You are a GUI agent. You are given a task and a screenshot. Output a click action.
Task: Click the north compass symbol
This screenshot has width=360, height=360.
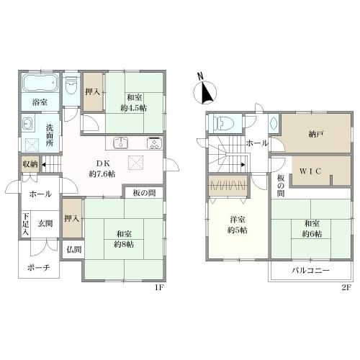(205, 91)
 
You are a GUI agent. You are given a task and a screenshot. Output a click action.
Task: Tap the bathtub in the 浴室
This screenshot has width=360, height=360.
(40, 83)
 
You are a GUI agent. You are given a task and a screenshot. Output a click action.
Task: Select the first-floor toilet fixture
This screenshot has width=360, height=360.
(71, 86)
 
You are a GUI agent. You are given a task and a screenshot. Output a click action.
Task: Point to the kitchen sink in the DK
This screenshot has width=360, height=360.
(121, 143)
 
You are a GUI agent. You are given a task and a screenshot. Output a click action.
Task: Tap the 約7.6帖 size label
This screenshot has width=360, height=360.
(102, 174)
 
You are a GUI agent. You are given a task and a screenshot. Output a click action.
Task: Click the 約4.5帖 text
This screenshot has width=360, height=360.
(134, 108)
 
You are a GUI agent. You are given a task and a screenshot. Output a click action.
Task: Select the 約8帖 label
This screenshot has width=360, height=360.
(124, 244)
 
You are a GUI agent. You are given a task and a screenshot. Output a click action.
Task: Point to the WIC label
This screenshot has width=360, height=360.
(310, 171)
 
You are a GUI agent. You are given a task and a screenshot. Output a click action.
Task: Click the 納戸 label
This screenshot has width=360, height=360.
(315, 135)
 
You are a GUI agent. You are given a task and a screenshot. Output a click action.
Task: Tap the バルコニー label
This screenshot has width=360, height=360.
(310, 271)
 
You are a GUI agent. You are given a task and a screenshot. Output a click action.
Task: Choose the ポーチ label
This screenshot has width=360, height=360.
(39, 267)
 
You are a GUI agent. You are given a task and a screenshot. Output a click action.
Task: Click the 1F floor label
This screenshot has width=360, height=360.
(158, 287)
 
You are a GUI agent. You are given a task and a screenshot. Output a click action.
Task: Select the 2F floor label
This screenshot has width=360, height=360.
(346, 287)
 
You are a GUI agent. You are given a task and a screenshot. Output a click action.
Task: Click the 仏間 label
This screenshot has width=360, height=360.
(74, 250)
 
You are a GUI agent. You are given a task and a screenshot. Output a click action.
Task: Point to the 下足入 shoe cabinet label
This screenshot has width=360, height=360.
(26, 224)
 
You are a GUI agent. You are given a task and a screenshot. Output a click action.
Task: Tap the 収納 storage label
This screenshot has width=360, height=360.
(30, 164)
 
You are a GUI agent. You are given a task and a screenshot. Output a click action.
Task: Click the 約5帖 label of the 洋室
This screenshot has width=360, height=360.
(238, 230)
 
